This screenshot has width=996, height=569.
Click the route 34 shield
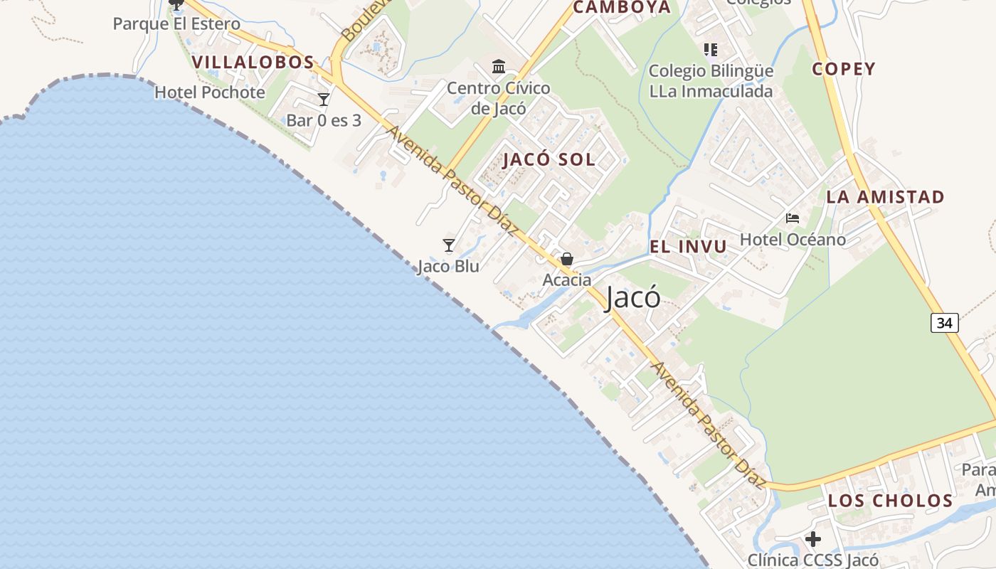[x=944, y=323]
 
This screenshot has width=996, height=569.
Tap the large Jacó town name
[x=632, y=298]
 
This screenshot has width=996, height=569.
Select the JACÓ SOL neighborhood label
[x=549, y=159]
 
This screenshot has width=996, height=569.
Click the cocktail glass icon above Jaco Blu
[x=449, y=245]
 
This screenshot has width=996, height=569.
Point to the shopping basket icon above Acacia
[x=567, y=259]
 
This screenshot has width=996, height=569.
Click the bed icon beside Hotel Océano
[x=793, y=218]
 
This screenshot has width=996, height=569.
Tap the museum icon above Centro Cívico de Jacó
[x=499, y=67]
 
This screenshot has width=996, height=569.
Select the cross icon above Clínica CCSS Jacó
[x=813, y=539]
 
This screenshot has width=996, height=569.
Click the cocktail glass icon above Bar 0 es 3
[x=324, y=100]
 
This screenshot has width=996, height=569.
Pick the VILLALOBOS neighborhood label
[x=253, y=62]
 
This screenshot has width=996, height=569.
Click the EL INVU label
[x=688, y=247]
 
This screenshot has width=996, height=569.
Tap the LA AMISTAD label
[x=885, y=197]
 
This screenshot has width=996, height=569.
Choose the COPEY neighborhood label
[x=844, y=69]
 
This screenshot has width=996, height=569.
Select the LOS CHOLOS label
[x=890, y=501]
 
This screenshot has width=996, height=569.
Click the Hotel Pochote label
[x=210, y=92]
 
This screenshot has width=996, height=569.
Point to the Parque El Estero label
[x=176, y=24]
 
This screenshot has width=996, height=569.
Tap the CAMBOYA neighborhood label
[x=622, y=8]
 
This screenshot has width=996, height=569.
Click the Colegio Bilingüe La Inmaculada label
[x=711, y=81]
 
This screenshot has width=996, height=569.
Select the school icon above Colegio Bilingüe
[x=711, y=49]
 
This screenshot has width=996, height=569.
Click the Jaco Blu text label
[x=448, y=267]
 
